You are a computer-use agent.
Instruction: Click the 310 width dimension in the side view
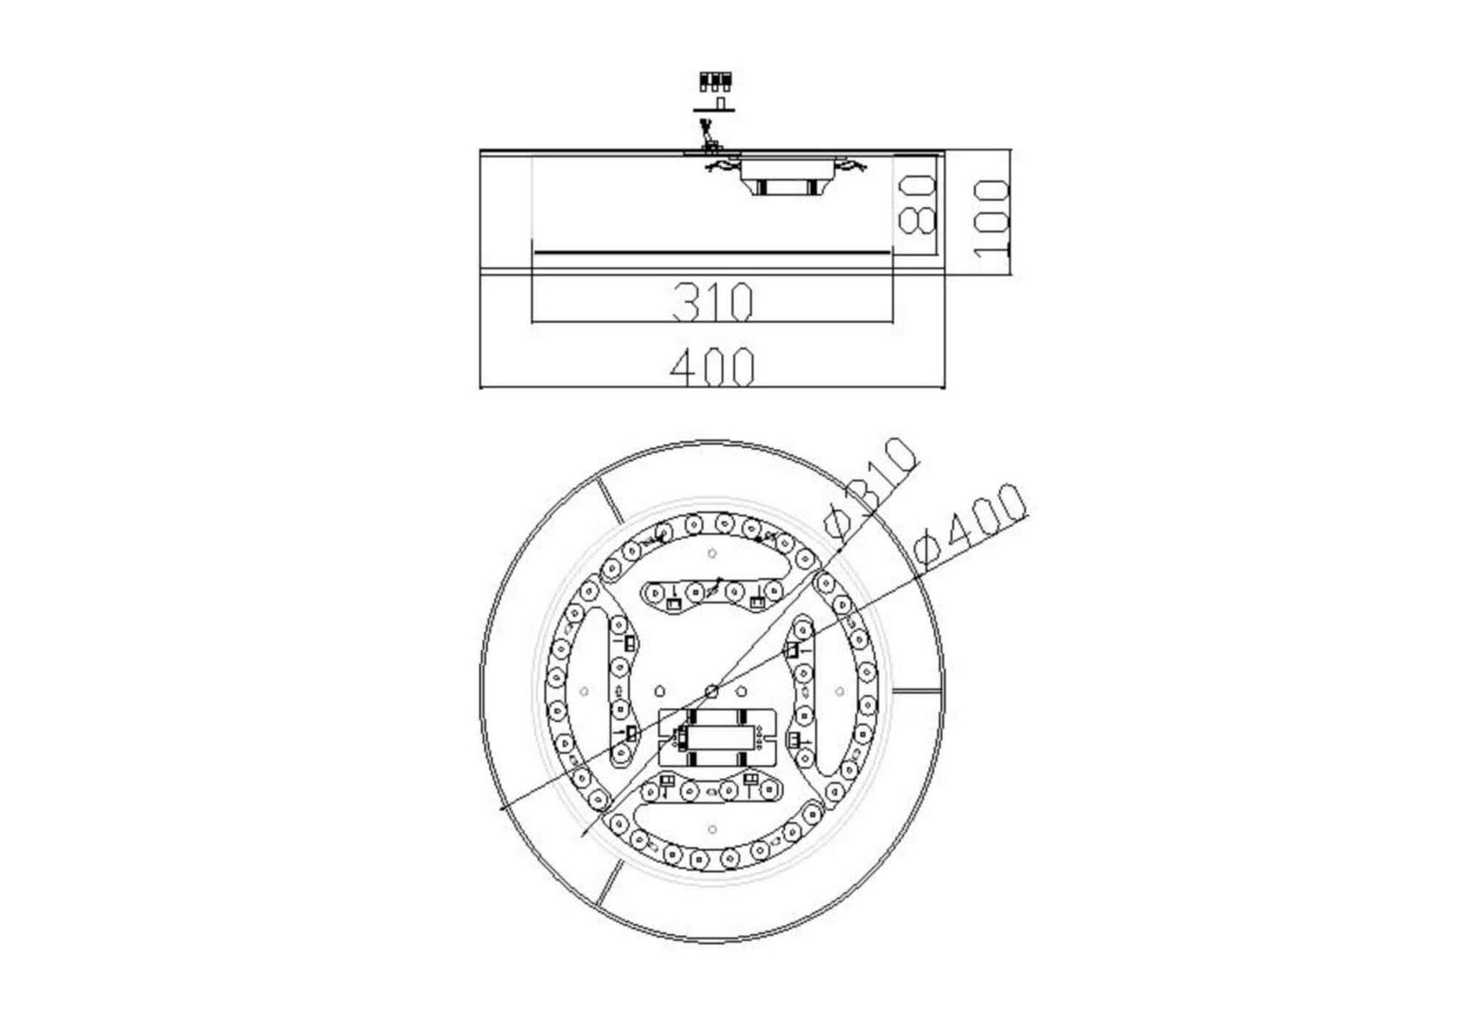pyautogui.click(x=712, y=301)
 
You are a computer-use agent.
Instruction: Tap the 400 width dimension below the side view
pyautogui.click(x=712, y=366)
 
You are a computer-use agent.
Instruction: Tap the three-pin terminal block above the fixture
pyautogui.click(x=716, y=83)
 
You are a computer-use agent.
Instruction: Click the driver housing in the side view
pyautogui.click(x=787, y=176)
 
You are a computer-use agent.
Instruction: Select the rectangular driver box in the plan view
pyautogui.click(x=717, y=737)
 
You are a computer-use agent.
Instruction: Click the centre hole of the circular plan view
pyautogui.click(x=712, y=691)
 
